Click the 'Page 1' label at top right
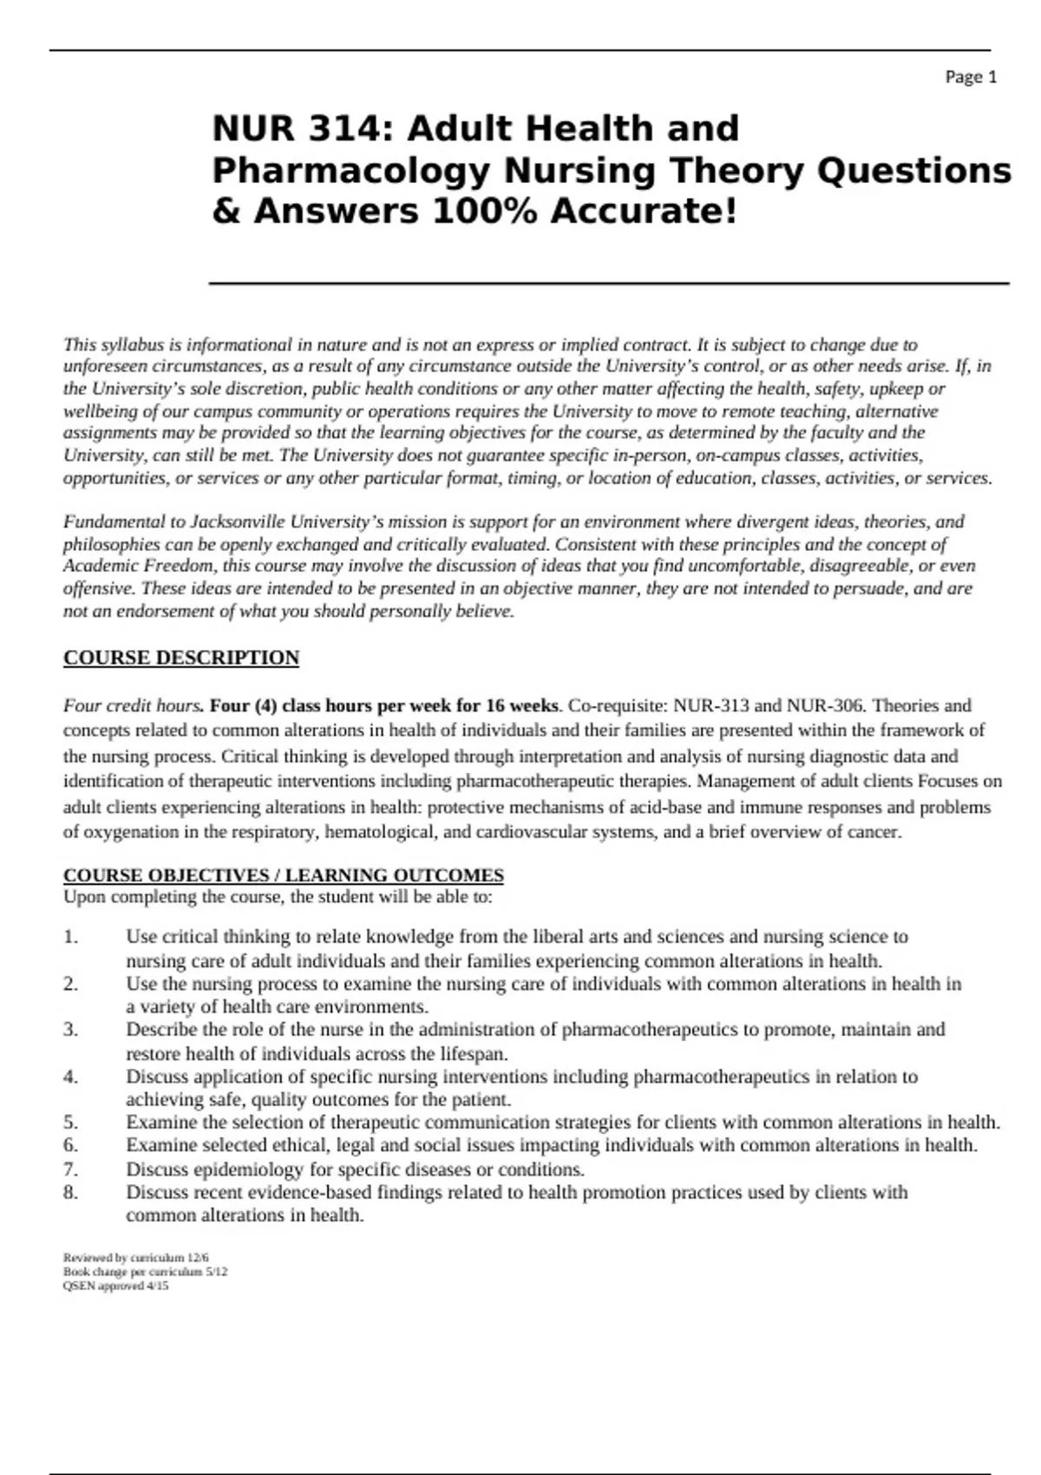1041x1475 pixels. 971,77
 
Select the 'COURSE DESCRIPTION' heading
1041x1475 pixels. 181,658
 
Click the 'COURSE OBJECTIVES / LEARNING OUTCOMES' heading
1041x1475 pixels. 284,875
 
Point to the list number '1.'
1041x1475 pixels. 71,937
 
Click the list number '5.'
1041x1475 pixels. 71,1122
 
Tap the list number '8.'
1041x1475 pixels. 71,1192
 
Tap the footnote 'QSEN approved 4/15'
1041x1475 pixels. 116,1286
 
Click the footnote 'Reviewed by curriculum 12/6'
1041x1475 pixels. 136,1257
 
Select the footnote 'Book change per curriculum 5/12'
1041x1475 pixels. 146,1272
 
